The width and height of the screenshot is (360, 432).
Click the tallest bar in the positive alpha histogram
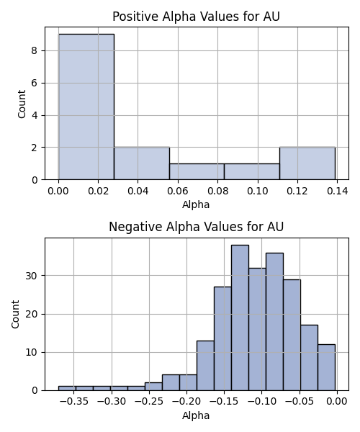(86, 107)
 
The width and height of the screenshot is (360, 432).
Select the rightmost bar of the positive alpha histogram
(307, 163)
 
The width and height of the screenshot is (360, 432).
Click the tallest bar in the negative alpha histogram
(240, 318)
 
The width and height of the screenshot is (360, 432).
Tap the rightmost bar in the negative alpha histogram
(326, 367)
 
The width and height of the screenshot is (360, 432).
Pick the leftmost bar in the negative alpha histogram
(67, 389)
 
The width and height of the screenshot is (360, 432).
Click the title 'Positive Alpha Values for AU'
(196, 17)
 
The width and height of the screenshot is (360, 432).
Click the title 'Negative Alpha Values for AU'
(196, 227)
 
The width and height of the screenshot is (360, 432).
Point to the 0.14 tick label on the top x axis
(338, 191)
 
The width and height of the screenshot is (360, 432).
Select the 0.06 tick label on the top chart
(178, 191)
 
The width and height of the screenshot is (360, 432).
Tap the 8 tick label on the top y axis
(35, 50)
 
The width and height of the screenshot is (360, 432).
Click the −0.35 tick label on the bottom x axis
(74, 402)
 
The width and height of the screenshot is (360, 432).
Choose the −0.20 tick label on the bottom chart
(186, 402)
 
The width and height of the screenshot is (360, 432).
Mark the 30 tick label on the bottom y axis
(32, 276)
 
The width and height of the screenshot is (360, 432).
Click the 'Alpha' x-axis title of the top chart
(196, 204)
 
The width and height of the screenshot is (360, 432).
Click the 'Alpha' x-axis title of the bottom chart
(196, 415)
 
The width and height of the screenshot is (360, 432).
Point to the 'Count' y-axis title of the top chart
(22, 104)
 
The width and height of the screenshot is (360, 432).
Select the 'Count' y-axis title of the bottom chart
(15, 315)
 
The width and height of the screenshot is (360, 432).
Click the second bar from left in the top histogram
(142, 163)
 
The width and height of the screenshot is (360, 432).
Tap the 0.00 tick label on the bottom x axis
(337, 402)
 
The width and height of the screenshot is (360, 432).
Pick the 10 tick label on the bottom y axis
(32, 352)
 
